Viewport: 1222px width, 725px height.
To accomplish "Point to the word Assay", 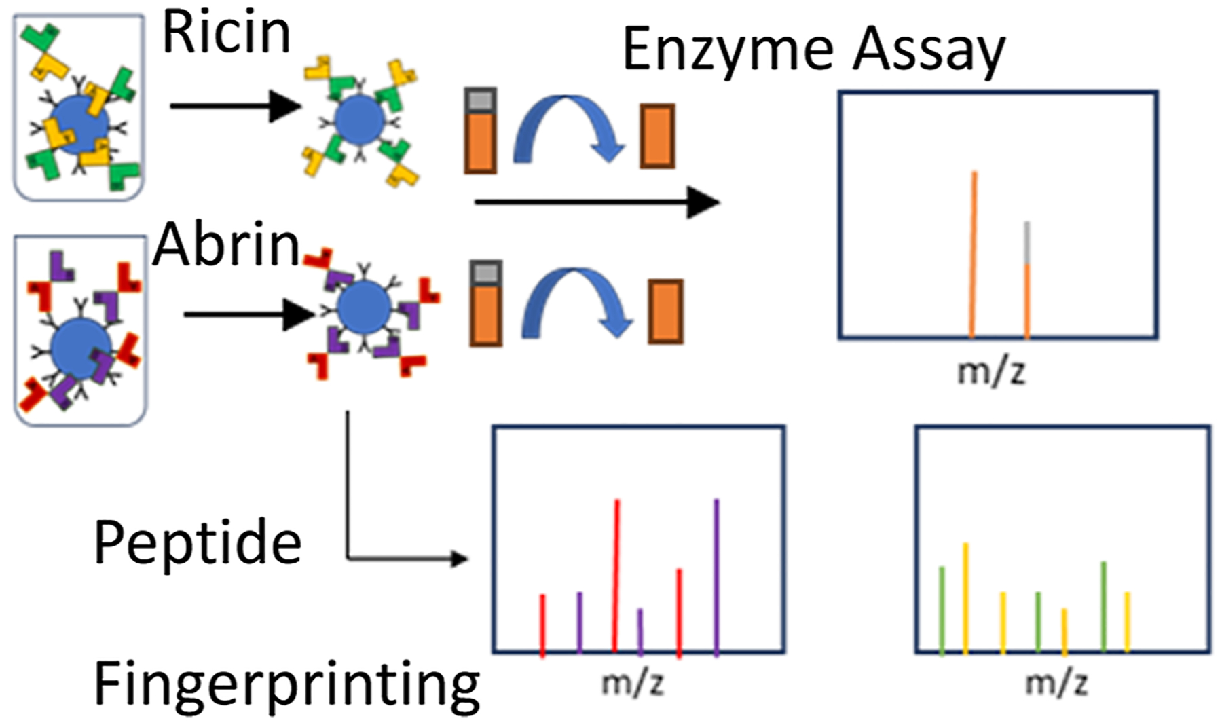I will click(929, 50).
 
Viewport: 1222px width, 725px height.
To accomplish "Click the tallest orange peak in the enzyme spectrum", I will click(974, 255).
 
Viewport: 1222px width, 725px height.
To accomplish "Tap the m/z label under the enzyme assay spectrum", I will click(990, 371).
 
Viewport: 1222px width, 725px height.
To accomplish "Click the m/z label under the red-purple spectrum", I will click(632, 682).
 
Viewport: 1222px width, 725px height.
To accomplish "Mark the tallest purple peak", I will click(716, 577).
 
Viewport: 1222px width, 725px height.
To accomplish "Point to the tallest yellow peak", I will click(965, 597).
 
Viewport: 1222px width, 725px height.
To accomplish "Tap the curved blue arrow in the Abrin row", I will click(576, 301).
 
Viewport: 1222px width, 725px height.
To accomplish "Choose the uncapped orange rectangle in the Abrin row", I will click(665, 312).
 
